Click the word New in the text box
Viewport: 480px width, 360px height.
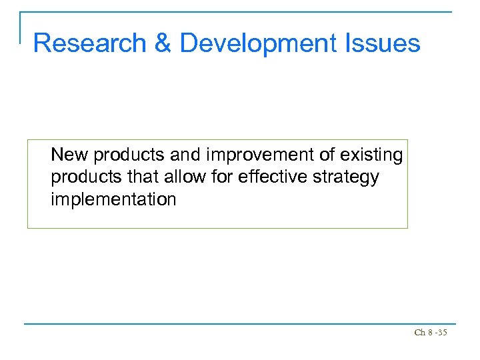pos(70,155)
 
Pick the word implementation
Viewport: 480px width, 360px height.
pos(113,200)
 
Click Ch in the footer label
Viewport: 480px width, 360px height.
pos(419,332)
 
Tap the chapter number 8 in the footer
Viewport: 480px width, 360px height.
pos(429,332)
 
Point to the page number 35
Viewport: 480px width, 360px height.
pos(442,332)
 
